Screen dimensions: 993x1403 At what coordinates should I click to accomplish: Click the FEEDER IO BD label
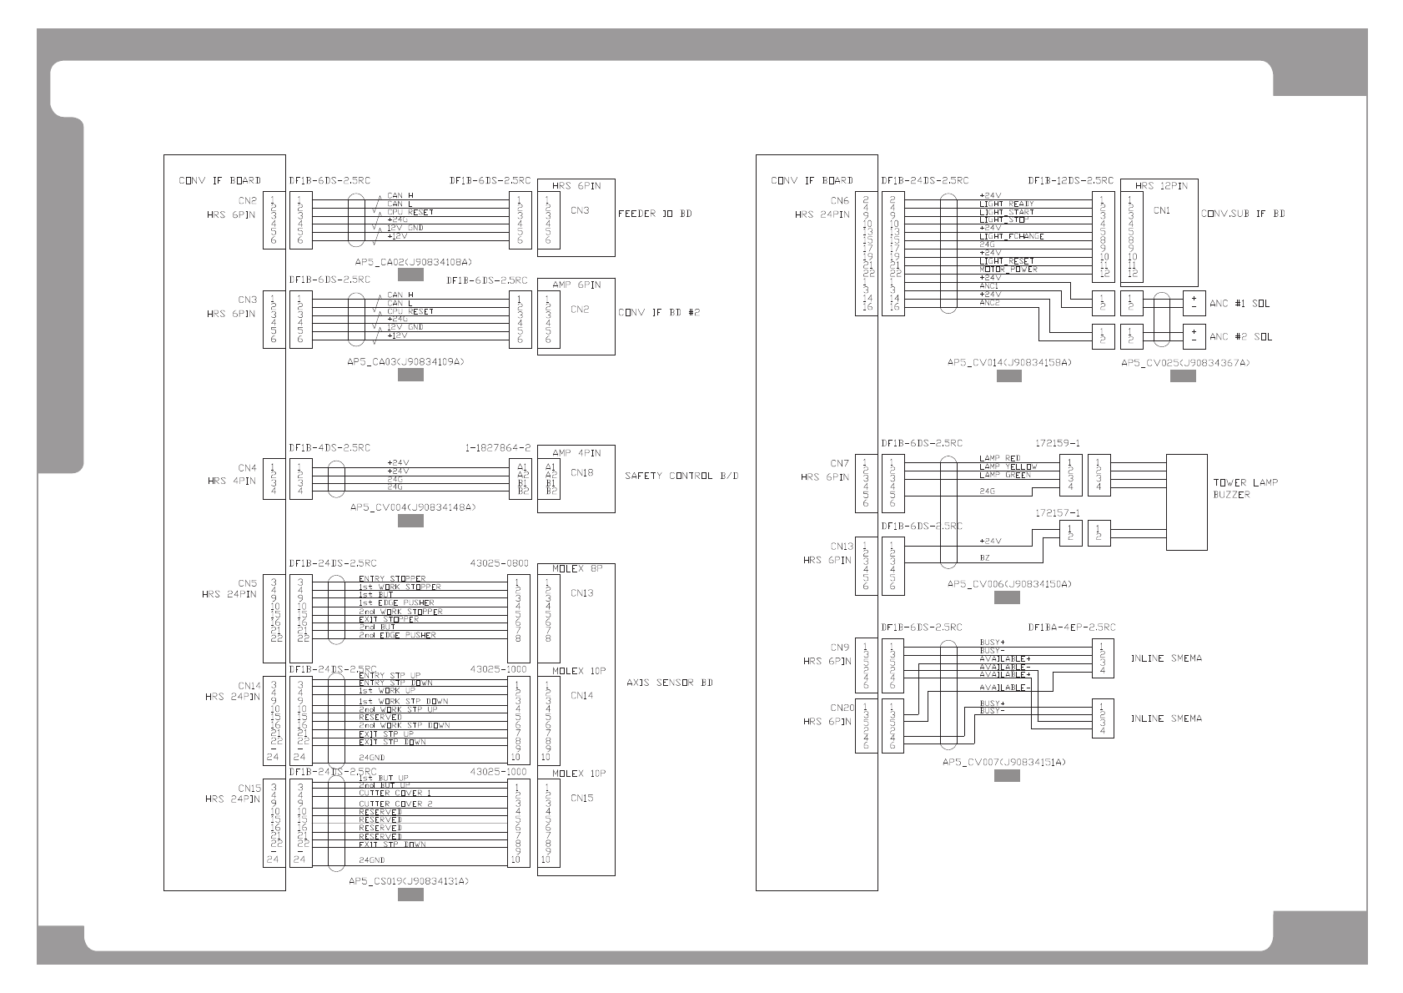coord(654,214)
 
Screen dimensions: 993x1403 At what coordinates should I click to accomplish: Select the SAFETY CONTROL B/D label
coord(681,476)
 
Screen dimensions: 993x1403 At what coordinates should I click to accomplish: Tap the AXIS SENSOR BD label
coord(669,683)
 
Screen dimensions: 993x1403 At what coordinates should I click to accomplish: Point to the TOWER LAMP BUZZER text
coord(1245,489)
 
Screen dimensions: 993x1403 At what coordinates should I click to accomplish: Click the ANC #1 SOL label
coord(1239,304)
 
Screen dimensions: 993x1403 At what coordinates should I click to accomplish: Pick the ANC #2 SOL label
coord(1239,337)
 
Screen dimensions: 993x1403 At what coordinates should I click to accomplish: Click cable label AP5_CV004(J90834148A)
coord(412,507)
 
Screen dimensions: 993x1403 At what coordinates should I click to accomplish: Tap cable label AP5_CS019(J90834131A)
coord(408,881)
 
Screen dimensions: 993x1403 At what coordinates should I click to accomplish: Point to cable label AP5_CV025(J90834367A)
coord(1184,363)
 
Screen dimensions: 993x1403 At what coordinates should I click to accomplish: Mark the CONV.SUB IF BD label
coord(1242,214)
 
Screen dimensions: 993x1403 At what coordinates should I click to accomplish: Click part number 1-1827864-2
coord(497,448)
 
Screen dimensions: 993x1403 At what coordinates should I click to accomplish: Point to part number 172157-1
coord(1057,513)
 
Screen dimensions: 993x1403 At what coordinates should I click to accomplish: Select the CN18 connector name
coord(581,472)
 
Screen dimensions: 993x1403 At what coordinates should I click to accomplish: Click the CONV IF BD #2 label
coord(658,313)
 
